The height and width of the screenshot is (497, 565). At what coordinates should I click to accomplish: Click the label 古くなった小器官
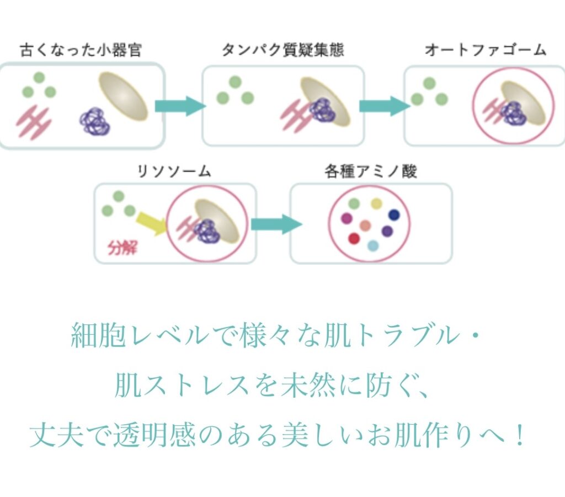81,50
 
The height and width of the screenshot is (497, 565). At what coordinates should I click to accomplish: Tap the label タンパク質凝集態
283,50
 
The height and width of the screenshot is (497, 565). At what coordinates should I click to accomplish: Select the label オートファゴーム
486,50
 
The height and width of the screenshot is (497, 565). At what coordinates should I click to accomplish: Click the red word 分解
122,248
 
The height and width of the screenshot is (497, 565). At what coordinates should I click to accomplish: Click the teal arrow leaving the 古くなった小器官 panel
180,106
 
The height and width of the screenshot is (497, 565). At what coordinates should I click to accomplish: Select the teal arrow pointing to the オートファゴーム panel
385,106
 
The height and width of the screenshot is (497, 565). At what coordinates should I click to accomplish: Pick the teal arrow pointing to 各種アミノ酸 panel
276,225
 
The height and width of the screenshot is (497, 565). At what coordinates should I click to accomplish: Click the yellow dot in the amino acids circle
376,204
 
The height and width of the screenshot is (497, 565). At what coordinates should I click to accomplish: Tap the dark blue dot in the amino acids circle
394,215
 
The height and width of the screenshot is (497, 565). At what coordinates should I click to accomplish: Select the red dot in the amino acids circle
354,238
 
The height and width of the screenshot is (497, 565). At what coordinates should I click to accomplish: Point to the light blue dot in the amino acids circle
373,246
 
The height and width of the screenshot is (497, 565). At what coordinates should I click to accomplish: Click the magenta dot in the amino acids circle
347,218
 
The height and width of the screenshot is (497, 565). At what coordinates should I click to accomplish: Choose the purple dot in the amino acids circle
387,231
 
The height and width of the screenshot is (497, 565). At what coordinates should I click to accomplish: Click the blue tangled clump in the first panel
95,121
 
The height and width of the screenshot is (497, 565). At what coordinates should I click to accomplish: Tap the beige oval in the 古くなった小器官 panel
123,96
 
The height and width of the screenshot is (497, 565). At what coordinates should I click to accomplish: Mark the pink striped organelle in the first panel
33,122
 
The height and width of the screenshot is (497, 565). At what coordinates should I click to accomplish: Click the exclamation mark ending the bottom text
519,435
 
